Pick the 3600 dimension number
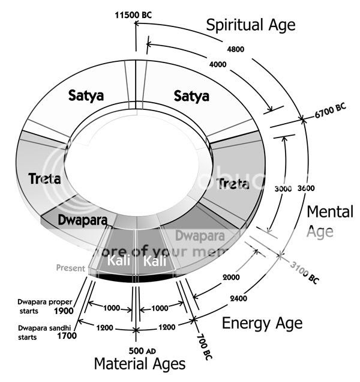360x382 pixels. tap(305, 188)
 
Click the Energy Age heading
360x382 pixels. tap(262, 323)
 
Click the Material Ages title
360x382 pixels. tap(139, 365)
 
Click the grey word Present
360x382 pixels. tap(70, 268)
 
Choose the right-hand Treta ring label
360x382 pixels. tap(234, 183)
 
